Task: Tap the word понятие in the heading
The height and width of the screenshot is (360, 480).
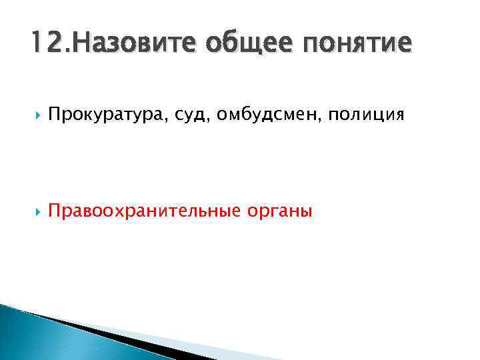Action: point(358,44)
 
